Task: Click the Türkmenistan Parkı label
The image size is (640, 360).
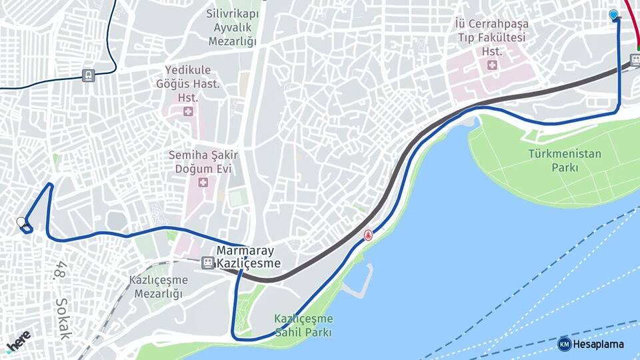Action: point(565,161)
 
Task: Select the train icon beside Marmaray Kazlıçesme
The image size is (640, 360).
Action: point(208,263)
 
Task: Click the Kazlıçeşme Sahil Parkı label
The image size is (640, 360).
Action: point(303,325)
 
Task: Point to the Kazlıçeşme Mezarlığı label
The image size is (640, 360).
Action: point(159,287)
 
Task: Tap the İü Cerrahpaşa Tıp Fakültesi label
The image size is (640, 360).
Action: point(491,30)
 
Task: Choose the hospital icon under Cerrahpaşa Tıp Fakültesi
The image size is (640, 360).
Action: point(492,65)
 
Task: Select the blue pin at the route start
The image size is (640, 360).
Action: point(613,15)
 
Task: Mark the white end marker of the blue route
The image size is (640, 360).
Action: point(21,222)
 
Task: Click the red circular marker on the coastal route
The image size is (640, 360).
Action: point(367,235)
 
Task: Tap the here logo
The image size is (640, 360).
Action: point(18,341)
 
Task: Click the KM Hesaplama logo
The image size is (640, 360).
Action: point(591,344)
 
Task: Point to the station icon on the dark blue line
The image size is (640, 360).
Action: point(88,75)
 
